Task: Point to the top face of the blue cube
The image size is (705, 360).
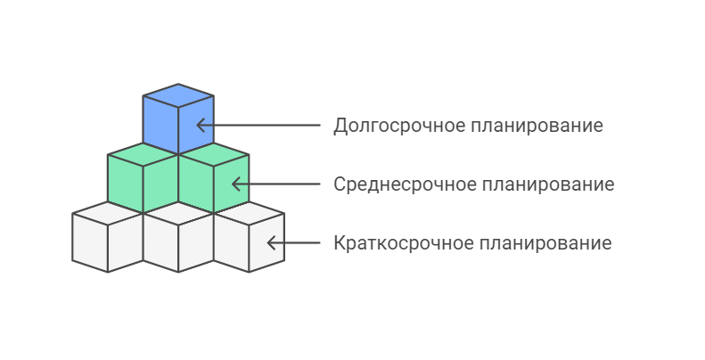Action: point(178,95)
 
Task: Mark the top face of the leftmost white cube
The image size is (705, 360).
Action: point(107,214)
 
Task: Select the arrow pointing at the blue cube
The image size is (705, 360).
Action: point(258,125)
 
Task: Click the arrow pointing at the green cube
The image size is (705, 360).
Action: point(276,184)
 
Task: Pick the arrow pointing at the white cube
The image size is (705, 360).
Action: point(294,242)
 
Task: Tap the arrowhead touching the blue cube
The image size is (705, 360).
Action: point(201,125)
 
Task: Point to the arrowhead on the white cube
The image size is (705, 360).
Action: point(273,242)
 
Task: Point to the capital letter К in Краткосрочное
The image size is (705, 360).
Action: point(340,243)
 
